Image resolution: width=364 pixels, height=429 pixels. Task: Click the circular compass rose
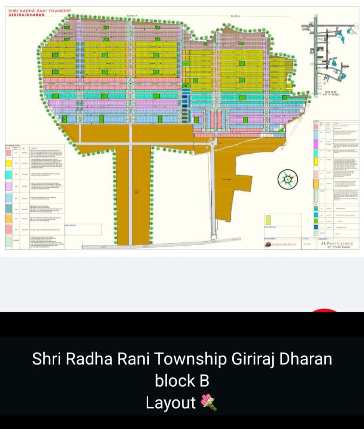click(x=287, y=179)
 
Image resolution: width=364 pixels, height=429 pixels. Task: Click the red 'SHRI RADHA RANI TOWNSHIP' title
click(x=40, y=11)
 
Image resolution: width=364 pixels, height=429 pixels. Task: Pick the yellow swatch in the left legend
click(x=9, y=163)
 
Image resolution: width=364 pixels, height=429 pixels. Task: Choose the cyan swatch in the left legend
click(x=9, y=175)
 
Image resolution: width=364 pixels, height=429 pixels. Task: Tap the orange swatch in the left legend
click(x=9, y=219)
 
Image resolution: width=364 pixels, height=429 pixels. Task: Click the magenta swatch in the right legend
click(x=316, y=144)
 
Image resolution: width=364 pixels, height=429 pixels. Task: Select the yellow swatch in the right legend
click(x=316, y=161)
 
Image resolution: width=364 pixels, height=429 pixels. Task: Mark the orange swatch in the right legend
click(x=316, y=184)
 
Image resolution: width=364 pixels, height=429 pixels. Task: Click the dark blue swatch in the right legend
click(x=316, y=227)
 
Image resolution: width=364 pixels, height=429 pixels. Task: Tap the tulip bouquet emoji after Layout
click(x=209, y=402)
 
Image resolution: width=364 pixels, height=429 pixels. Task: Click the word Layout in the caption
click(x=171, y=402)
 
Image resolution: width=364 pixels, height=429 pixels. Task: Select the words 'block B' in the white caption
click(x=182, y=380)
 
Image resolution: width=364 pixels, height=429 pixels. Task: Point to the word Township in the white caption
click(x=190, y=359)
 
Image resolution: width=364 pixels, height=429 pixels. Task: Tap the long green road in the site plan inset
click(x=315, y=54)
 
